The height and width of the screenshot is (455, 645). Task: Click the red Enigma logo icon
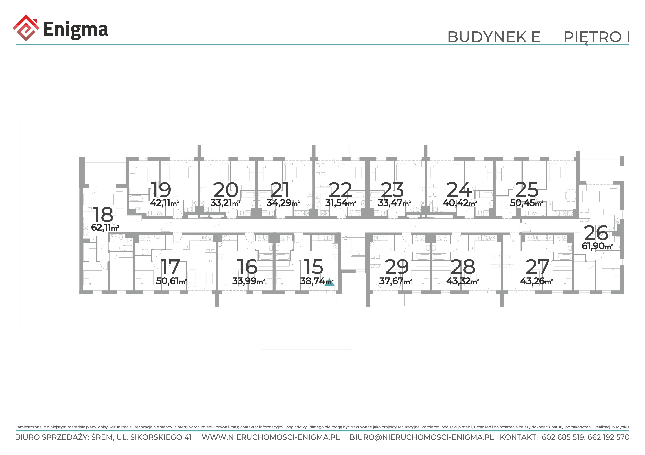click(x=26, y=28)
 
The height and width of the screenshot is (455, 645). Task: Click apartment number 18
click(x=103, y=215)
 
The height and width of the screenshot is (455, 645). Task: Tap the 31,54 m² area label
click(x=340, y=203)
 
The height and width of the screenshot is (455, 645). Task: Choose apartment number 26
click(x=596, y=233)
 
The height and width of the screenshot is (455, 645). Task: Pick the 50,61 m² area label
click(x=171, y=281)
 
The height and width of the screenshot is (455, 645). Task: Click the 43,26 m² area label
click(x=537, y=281)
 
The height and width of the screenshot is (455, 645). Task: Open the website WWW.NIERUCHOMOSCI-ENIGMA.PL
click(x=271, y=437)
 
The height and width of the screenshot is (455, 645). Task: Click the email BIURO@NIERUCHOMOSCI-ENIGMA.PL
click(x=422, y=437)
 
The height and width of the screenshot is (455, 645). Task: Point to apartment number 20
click(x=226, y=190)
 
